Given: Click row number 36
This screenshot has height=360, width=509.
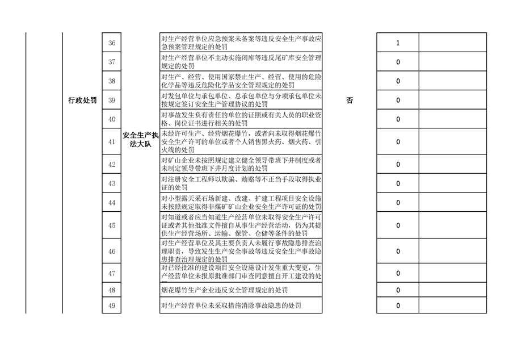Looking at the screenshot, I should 111,43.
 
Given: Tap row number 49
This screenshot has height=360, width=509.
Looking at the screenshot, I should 111,305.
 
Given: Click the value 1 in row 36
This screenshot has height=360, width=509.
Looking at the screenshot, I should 398,43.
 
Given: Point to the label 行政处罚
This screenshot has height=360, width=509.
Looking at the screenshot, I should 82,101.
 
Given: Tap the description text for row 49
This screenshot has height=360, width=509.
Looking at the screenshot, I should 230,305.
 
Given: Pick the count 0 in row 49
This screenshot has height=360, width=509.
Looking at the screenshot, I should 398,305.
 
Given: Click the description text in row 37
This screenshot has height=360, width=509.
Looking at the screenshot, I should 241,62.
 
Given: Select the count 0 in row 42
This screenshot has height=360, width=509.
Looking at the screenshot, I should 398,165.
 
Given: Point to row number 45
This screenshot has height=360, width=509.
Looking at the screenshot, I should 111,225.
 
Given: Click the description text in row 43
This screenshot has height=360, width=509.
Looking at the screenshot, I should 241,183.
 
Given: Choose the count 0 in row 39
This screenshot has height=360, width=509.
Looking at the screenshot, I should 398,101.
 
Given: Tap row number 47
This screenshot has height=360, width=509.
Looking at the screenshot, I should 111,273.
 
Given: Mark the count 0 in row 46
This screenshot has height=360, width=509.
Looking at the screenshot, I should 398,251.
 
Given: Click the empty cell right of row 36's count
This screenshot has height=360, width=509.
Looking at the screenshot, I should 452,43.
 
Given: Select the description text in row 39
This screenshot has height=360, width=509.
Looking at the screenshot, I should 241,101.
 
